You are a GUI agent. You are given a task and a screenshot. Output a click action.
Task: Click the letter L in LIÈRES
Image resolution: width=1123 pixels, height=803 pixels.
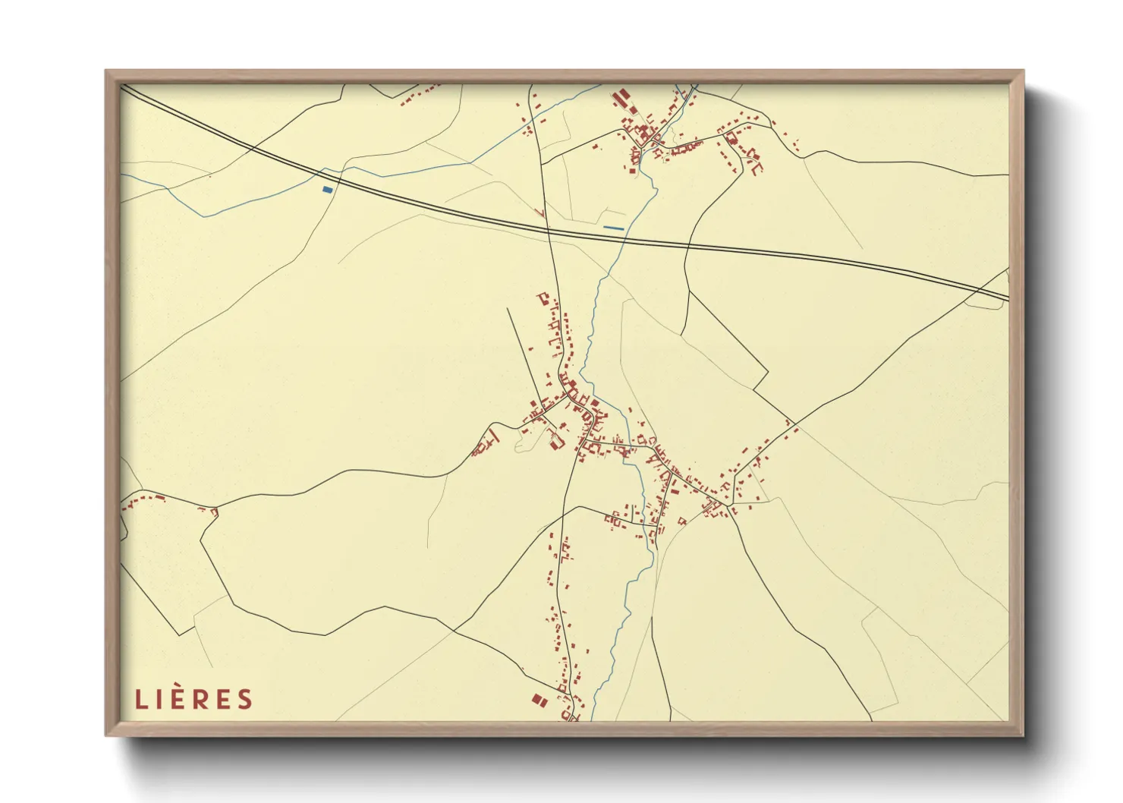(x=141, y=699)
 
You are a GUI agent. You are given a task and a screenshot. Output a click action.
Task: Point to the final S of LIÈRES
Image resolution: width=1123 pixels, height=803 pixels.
(x=245, y=699)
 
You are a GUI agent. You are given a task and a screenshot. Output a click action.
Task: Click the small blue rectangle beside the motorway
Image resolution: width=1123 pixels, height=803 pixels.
(x=327, y=189)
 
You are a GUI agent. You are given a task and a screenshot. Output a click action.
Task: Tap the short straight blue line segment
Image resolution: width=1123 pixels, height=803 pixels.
(x=613, y=228)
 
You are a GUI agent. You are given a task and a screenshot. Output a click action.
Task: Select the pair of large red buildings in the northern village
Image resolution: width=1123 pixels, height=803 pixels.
(x=620, y=98)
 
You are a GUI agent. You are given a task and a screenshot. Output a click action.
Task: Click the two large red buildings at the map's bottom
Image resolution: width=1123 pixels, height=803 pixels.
(x=538, y=700)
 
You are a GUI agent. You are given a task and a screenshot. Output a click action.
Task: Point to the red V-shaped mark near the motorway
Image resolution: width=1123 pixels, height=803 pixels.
(x=540, y=213)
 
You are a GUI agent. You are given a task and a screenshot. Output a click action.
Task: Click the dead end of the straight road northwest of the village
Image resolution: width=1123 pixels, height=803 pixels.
(x=507, y=308)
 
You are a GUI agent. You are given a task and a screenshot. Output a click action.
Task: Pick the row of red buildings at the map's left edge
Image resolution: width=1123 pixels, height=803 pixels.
(x=144, y=499)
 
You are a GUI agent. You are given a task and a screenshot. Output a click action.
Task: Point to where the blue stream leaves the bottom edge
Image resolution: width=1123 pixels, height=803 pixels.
(x=593, y=719)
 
